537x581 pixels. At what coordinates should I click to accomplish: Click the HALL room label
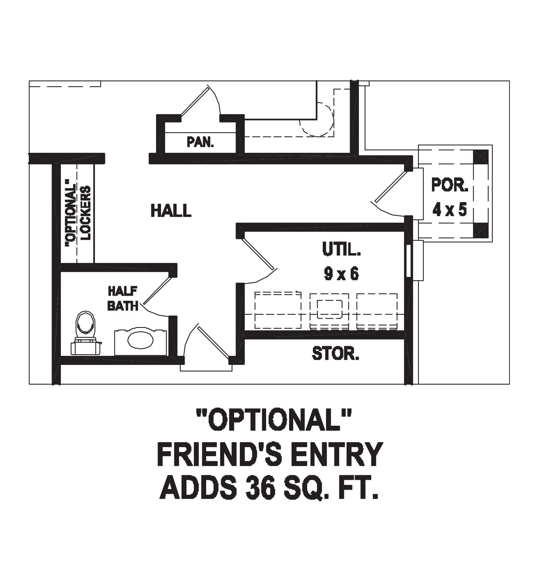pos(171,210)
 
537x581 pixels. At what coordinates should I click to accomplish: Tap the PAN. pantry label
pos(200,142)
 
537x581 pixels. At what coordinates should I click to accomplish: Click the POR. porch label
pos(450,185)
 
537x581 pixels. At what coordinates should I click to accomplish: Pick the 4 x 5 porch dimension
pos(450,210)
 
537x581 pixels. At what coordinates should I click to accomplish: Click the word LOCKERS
pos(86,213)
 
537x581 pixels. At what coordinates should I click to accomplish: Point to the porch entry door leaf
pos(390,186)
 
